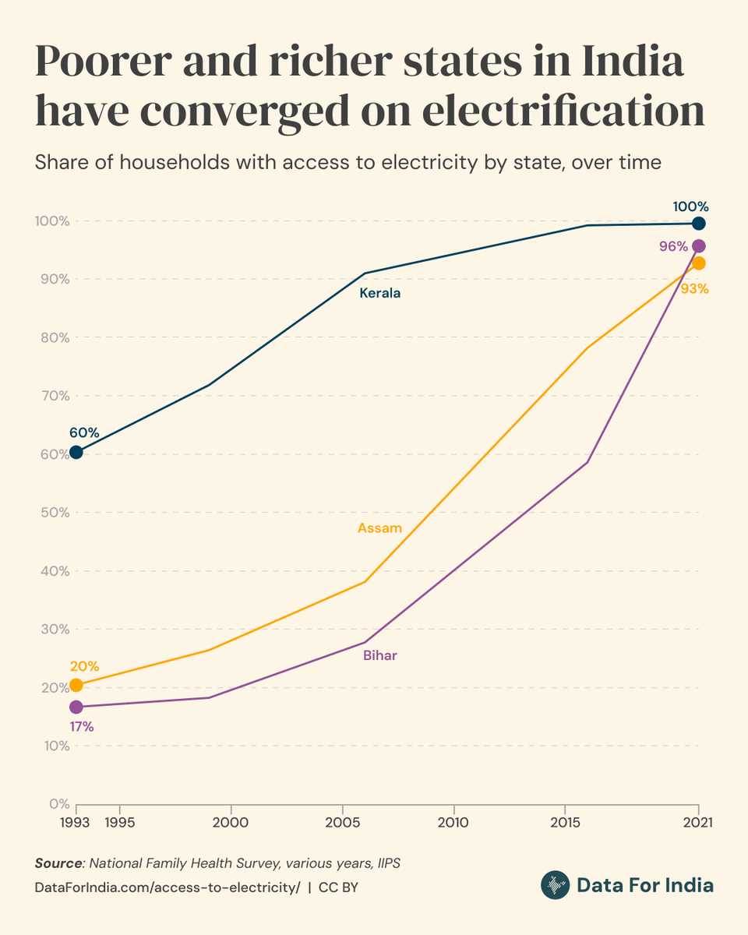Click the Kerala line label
(379, 294)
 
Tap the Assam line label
(379, 528)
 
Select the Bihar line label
(379, 655)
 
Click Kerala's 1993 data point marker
(76, 452)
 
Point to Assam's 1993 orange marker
(76, 685)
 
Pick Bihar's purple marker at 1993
(76, 707)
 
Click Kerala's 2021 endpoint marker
(698, 224)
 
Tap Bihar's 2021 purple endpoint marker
(698, 246)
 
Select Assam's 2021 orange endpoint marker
(698, 263)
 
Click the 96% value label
(673, 247)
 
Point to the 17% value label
(82, 727)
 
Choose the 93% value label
(694, 289)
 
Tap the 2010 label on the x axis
(453, 822)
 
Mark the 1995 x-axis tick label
(118, 822)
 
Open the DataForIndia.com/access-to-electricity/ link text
(168, 888)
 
